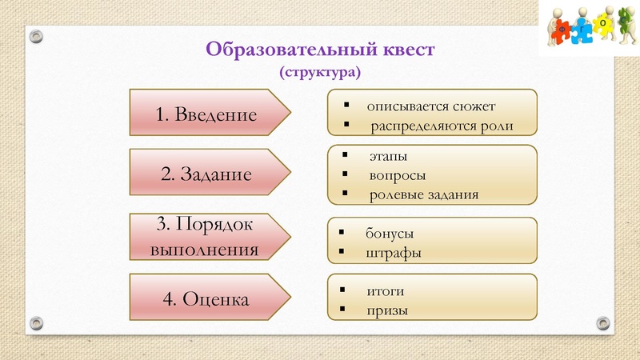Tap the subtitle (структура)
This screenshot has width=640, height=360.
[x=320, y=72]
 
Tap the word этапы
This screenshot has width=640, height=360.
[x=387, y=155]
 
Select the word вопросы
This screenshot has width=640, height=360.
[x=397, y=174]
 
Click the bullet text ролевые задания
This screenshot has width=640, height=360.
[x=423, y=194]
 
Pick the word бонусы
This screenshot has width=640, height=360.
[x=390, y=233]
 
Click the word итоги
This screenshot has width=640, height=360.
[x=386, y=290]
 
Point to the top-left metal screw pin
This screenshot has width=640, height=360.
[x=36, y=36]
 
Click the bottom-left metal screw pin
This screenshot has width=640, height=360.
[x=36, y=322]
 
